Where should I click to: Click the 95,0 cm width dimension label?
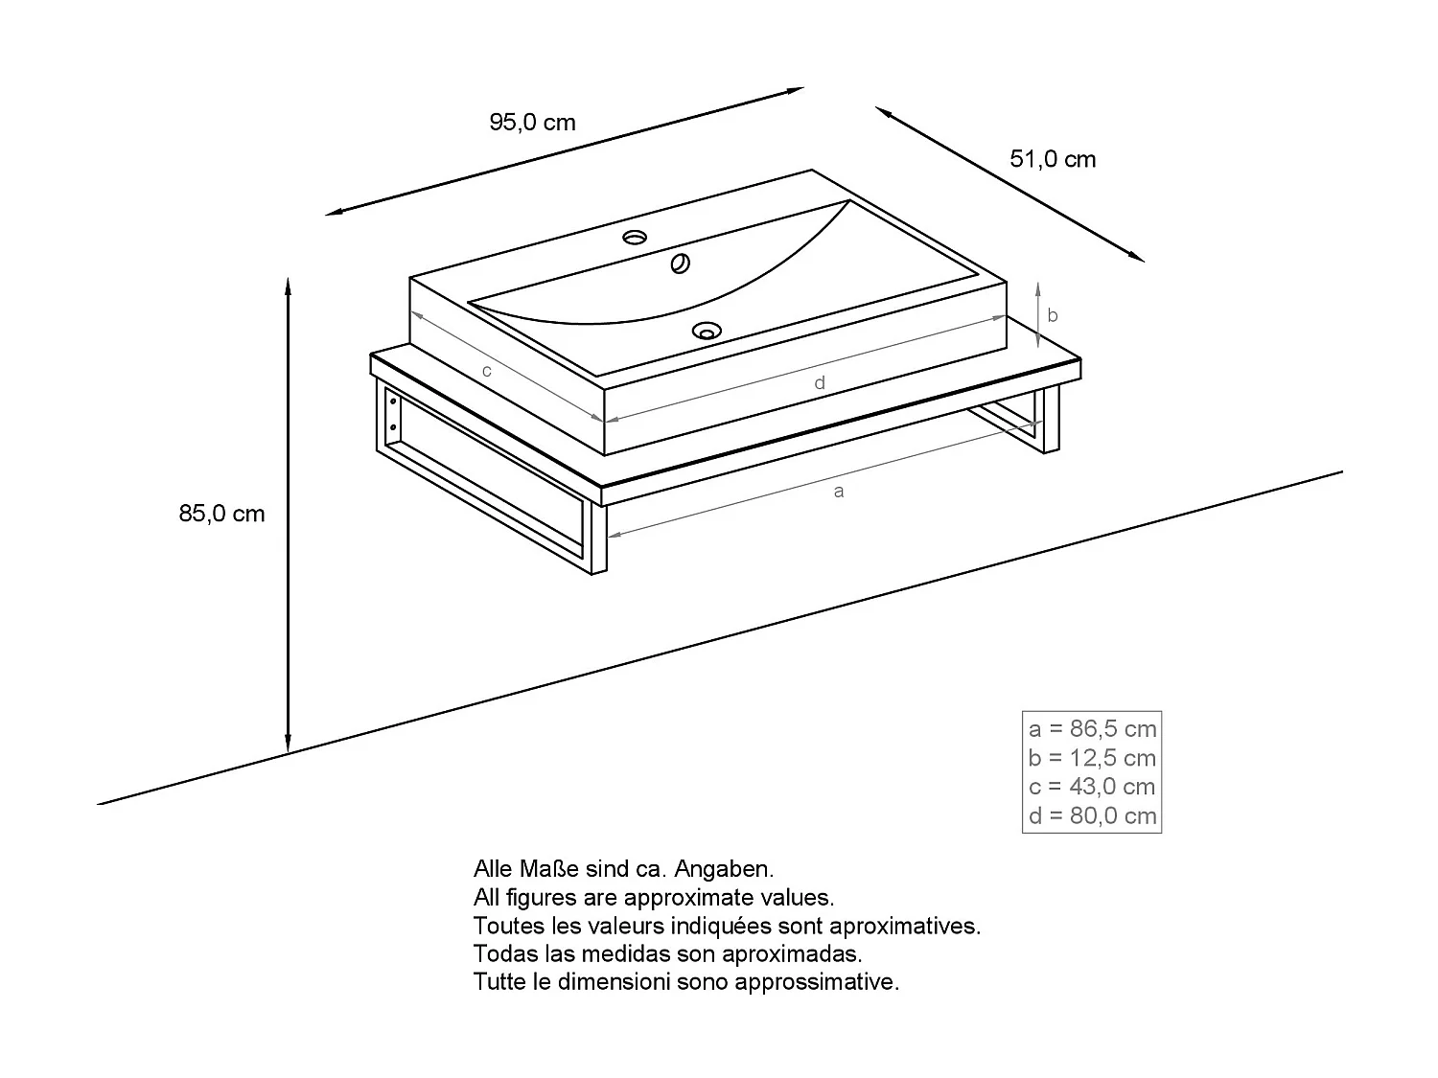click(x=532, y=123)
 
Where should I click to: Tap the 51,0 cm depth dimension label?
click(x=1053, y=159)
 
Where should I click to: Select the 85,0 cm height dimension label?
click(x=221, y=514)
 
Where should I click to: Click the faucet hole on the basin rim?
click(x=635, y=237)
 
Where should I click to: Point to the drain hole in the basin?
click(x=707, y=332)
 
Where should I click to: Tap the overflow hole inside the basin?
click(x=682, y=264)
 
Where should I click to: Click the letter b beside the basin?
click(x=1052, y=315)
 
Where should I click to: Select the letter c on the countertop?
click(x=487, y=371)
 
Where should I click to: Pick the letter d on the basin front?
click(x=820, y=383)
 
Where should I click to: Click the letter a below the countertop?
click(x=839, y=492)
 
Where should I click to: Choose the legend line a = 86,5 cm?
click(x=1092, y=729)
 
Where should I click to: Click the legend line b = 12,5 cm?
click(x=1092, y=758)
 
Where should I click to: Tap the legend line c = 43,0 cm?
click(x=1092, y=787)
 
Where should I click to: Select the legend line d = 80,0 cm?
click(x=1092, y=816)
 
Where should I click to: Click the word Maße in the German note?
click(x=549, y=869)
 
